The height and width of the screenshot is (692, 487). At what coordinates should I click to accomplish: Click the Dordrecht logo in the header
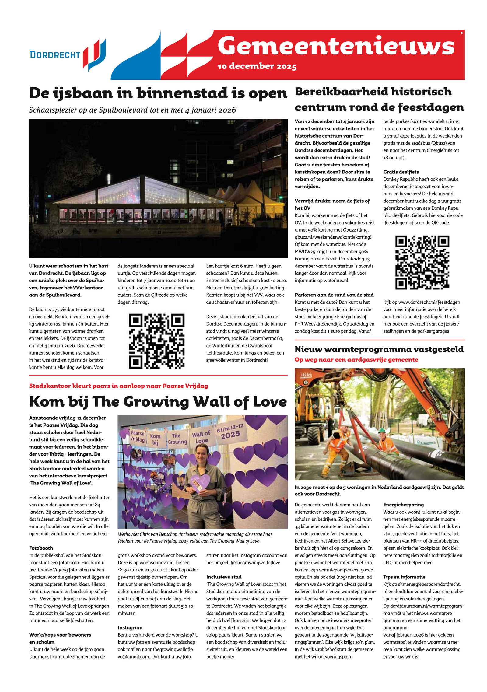click(x=68, y=55)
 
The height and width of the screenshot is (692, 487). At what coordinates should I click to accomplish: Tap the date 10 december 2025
click(x=257, y=66)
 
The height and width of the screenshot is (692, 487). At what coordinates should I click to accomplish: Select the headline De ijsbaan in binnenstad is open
click(x=158, y=93)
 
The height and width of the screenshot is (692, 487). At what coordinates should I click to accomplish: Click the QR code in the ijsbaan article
click(x=157, y=341)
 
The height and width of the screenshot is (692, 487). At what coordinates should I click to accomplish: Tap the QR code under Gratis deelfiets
click(x=422, y=262)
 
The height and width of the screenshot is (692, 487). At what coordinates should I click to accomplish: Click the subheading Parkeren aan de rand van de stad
click(x=334, y=295)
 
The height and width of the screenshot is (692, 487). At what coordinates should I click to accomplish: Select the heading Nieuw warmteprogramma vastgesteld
click(x=379, y=349)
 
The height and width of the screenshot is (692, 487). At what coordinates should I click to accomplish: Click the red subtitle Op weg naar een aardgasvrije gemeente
click(x=356, y=360)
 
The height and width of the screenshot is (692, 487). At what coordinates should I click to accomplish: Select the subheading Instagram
click(x=130, y=627)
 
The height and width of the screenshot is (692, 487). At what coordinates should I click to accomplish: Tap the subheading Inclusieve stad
click(x=224, y=577)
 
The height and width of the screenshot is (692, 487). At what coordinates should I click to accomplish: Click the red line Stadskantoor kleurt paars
click(x=118, y=386)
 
